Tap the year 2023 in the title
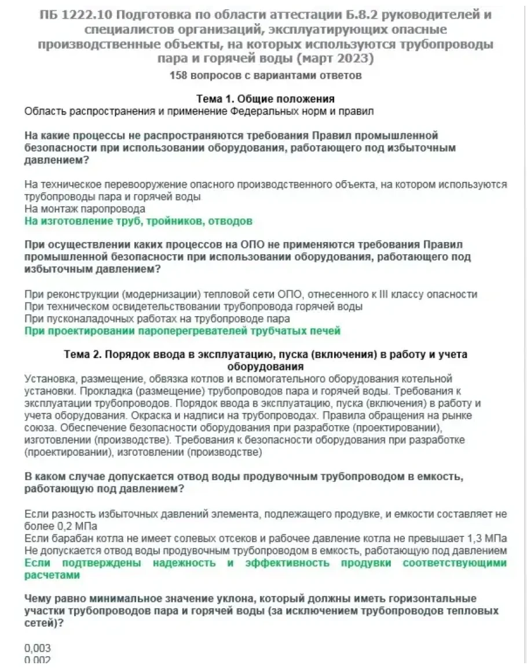pos(357,59)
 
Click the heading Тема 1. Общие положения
pos(265,99)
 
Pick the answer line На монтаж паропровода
pos(85,209)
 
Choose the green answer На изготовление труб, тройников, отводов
pos(139,221)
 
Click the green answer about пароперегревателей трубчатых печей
pos(182,331)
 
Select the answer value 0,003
pos(38,648)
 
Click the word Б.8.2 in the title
pos(362,15)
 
